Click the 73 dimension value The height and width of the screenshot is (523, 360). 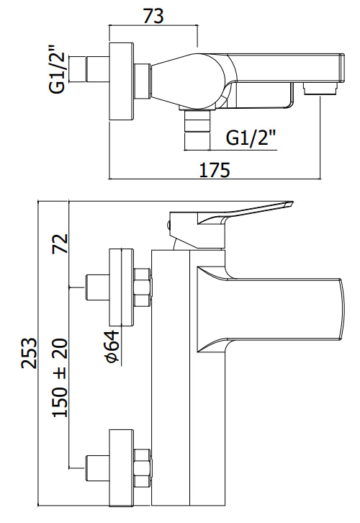(x=153, y=15)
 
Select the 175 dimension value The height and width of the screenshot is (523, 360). (x=214, y=170)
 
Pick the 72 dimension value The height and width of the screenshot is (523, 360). (x=60, y=243)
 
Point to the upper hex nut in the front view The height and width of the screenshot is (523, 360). (x=143, y=287)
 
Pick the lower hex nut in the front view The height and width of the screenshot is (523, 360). (x=143, y=468)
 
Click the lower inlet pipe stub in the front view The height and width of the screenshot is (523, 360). (x=96, y=468)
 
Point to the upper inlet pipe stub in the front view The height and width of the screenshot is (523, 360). (x=96, y=287)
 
